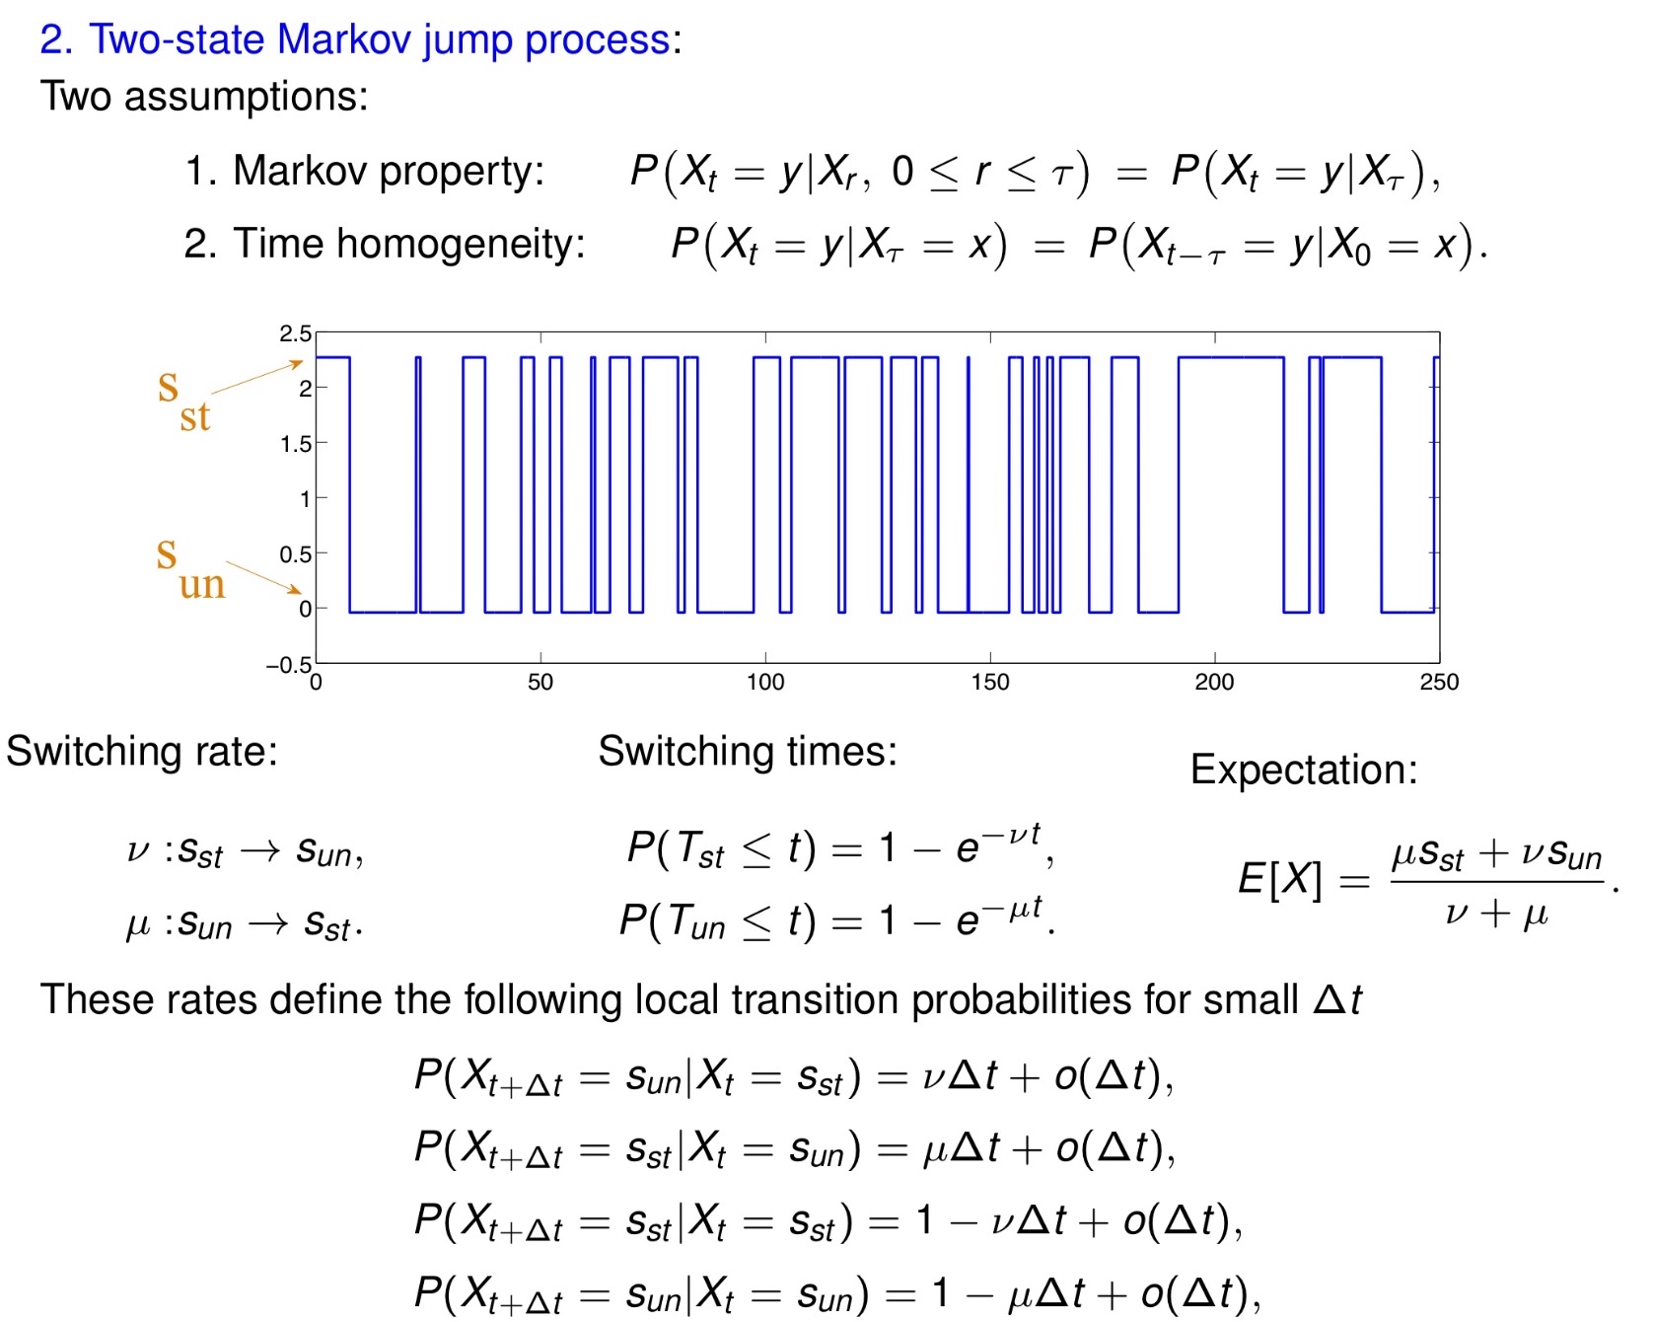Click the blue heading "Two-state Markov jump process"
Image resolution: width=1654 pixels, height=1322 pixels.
380,39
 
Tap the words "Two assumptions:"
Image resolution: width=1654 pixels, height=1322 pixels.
204,97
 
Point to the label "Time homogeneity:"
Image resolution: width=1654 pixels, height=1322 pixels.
408,244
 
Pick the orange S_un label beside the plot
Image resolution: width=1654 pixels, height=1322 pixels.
189,569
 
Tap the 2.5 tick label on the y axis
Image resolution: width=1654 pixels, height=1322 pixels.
295,333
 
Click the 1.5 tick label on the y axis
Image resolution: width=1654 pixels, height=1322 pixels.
295,444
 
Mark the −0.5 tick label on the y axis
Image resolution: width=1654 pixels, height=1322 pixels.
288,665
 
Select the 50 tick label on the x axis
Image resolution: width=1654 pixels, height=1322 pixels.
540,682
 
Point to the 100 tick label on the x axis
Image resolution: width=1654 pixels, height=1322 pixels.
764,682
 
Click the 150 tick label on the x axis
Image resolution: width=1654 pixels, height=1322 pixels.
989,682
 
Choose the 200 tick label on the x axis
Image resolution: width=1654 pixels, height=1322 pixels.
1214,682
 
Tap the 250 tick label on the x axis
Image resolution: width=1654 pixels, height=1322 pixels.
1438,682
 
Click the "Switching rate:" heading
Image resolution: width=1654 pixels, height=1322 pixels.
142,752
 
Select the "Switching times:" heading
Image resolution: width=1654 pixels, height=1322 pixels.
748,752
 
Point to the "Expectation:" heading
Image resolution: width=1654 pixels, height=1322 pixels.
1303,770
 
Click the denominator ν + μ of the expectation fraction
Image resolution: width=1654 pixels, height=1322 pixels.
1495,913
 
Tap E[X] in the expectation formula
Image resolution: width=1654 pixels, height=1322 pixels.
1279,879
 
